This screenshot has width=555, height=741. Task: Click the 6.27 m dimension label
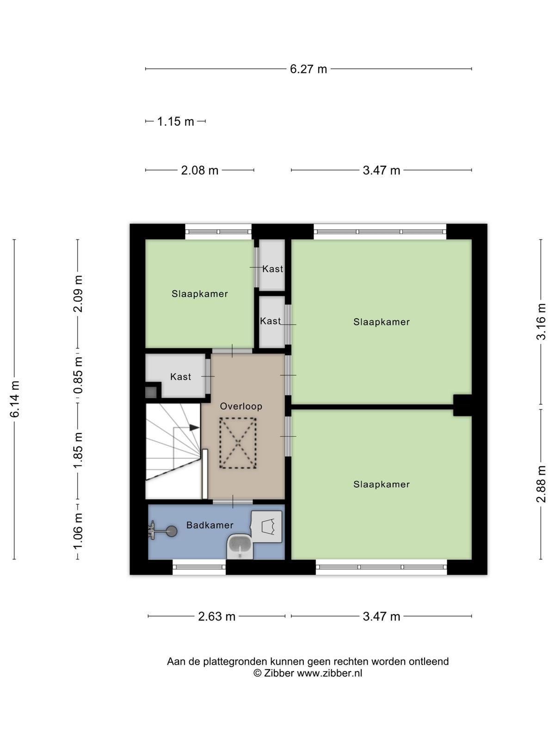point(308,69)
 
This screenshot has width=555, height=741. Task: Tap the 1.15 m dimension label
point(176,121)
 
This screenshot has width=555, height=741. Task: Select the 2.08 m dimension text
point(199,170)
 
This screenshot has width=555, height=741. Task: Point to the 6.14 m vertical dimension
point(15,399)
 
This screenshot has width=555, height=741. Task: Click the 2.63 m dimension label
point(216,617)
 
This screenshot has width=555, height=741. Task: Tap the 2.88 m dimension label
point(541,484)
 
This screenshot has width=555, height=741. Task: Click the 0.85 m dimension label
point(79,376)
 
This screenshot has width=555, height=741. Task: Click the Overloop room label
point(241,406)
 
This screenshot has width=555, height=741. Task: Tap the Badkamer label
point(210,525)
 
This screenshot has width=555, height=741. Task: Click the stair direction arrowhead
point(194,427)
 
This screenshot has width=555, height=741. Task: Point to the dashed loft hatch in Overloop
point(238,443)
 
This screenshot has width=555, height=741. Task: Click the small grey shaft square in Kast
point(151,392)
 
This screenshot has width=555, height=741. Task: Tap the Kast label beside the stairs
point(181,377)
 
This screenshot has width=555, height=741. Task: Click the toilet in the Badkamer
point(266,527)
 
